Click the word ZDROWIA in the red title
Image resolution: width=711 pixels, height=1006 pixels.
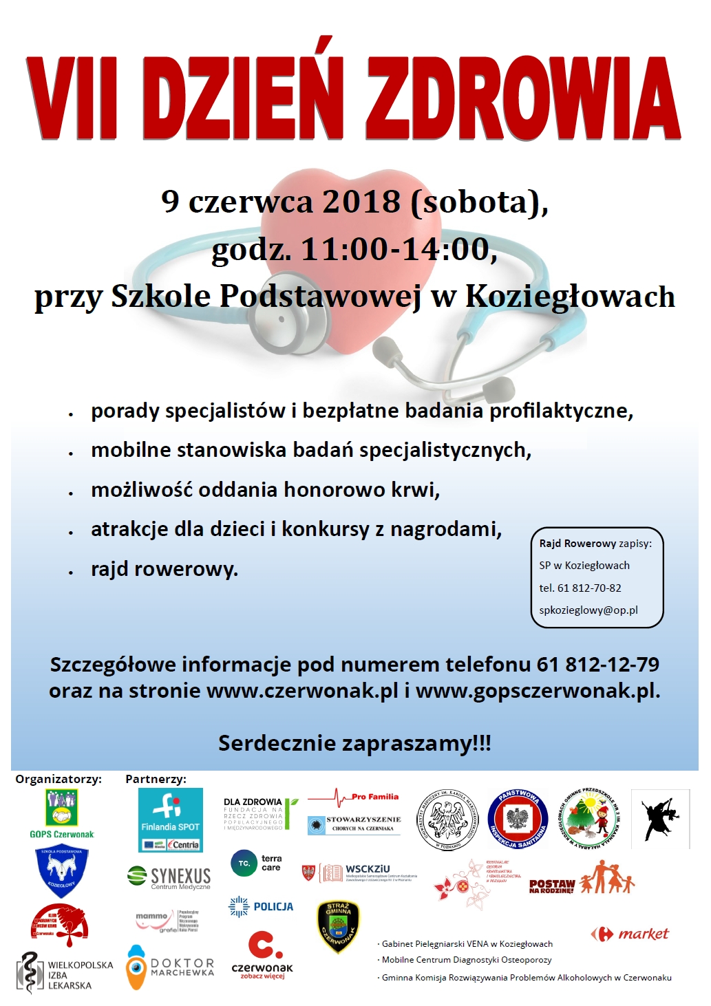523,98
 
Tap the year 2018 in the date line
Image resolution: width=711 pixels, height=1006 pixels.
361,202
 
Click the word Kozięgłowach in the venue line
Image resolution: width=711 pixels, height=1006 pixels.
570,297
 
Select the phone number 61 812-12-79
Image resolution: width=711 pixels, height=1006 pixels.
597,665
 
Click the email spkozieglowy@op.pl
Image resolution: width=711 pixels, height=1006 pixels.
588,610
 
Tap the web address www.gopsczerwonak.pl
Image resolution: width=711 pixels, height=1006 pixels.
538,691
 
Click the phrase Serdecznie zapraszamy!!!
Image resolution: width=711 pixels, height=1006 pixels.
354,743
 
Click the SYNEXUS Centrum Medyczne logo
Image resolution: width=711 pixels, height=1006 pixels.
169,877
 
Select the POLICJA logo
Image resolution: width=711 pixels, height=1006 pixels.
261,907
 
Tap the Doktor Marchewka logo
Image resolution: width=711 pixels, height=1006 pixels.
170,967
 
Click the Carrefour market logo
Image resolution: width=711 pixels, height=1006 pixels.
630,934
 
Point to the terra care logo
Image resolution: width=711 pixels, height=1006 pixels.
257,863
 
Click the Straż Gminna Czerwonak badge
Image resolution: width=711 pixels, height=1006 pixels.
338,927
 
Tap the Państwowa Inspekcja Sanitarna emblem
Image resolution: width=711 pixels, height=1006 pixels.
517,820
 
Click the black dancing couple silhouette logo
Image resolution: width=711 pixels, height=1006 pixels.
661,819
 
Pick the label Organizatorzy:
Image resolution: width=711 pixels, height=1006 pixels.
59,779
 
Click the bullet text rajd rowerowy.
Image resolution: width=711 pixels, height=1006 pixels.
164,570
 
